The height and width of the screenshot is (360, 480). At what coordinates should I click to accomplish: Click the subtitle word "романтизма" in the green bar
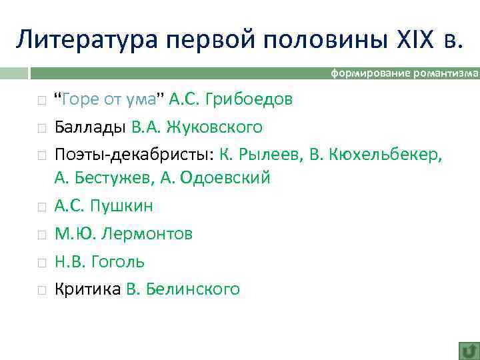(445, 74)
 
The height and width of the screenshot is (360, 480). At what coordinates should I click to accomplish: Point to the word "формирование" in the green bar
(371, 74)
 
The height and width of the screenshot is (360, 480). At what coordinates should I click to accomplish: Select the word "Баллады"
(90, 127)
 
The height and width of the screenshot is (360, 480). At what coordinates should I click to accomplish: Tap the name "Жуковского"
(216, 127)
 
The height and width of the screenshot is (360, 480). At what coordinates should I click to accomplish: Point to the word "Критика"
(88, 289)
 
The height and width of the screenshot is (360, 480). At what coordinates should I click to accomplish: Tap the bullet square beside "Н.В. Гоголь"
(41, 262)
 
